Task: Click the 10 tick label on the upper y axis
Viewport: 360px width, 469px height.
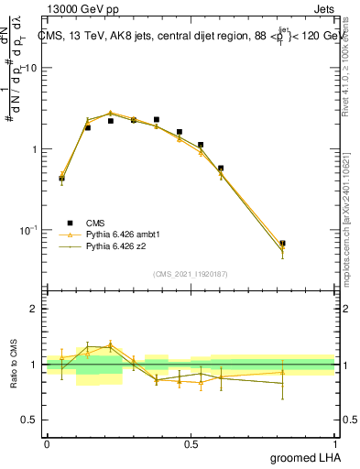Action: click(x=31, y=69)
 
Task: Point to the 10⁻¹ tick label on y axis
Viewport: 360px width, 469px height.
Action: click(x=28, y=229)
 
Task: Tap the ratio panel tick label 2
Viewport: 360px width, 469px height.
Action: click(x=35, y=309)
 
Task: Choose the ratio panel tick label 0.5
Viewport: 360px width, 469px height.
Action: click(x=30, y=420)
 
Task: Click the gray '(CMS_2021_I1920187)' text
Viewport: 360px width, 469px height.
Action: click(x=191, y=273)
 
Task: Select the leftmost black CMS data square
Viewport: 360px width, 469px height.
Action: click(x=61, y=179)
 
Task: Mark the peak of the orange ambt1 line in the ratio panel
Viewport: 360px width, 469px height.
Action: click(x=111, y=345)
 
